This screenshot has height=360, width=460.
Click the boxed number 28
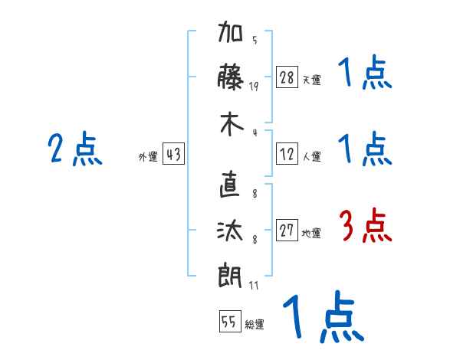pyautogui.click(x=287, y=77)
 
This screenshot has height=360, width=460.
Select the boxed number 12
pyautogui.click(x=287, y=155)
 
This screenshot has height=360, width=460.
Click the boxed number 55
pyautogui.click(x=228, y=322)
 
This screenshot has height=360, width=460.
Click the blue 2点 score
pyautogui.click(x=75, y=149)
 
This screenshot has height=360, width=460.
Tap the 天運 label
pyautogui.click(x=311, y=80)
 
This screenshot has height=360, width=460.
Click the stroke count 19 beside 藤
pyautogui.click(x=254, y=86)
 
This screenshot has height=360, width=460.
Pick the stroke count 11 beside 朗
pyautogui.click(x=254, y=286)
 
